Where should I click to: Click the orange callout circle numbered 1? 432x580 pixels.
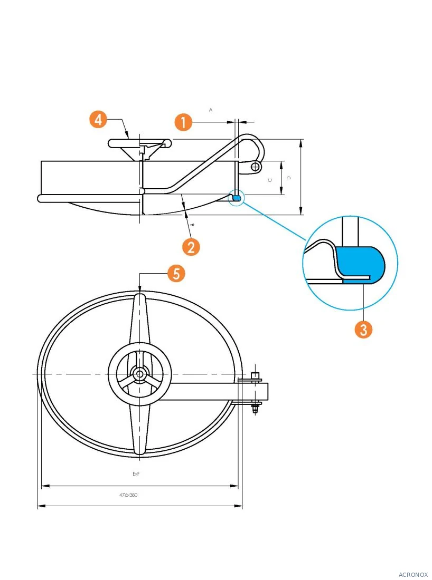point(183,122)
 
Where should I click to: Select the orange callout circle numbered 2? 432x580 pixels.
point(191,247)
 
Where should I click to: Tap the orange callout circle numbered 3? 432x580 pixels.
point(363,329)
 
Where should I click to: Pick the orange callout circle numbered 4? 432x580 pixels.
point(98,120)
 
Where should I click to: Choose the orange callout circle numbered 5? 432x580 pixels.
point(176,273)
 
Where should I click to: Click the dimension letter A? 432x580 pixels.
point(211,110)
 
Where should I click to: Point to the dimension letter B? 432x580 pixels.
point(192,225)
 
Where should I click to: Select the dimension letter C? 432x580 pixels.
point(270,180)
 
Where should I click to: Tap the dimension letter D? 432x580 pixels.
point(289,178)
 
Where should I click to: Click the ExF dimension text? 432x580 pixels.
point(136,474)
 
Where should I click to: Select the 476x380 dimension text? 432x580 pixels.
point(128,495)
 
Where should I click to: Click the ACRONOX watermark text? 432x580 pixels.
point(413,574)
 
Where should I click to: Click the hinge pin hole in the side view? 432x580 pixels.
point(255,167)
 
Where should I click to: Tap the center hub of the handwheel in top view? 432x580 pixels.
point(139,374)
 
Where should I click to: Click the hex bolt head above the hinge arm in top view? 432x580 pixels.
point(255,375)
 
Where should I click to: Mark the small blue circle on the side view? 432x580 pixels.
point(236,197)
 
